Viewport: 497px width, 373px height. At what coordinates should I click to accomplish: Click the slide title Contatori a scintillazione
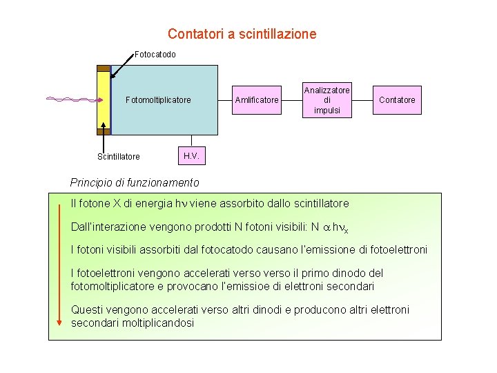[x=242, y=33]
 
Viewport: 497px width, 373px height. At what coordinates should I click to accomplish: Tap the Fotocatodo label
[x=155, y=54]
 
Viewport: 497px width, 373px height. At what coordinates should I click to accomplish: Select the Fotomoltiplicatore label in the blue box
[x=158, y=100]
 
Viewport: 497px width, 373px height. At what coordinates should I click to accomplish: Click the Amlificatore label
[x=257, y=100]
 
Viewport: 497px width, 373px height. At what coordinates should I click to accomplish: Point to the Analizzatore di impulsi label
[x=327, y=100]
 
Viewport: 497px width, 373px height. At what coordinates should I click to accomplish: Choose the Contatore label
[x=398, y=100]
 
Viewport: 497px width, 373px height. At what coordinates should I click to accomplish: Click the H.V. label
[x=192, y=156]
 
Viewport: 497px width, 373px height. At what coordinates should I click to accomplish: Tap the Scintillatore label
[x=118, y=157]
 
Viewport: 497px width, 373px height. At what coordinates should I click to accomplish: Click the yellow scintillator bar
[x=104, y=100]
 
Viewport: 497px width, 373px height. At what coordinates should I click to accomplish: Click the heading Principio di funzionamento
[x=135, y=183]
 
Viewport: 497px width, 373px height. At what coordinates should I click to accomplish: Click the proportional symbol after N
[x=327, y=227]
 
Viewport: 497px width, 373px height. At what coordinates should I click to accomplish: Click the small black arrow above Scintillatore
[x=104, y=135]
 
